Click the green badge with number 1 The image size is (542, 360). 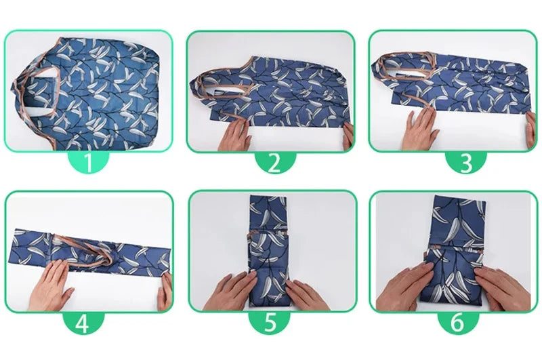tap(89, 162)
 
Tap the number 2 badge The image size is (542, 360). tap(271, 162)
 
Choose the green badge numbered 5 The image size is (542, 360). tap(271, 323)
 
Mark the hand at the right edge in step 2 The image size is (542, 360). tap(348, 136)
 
